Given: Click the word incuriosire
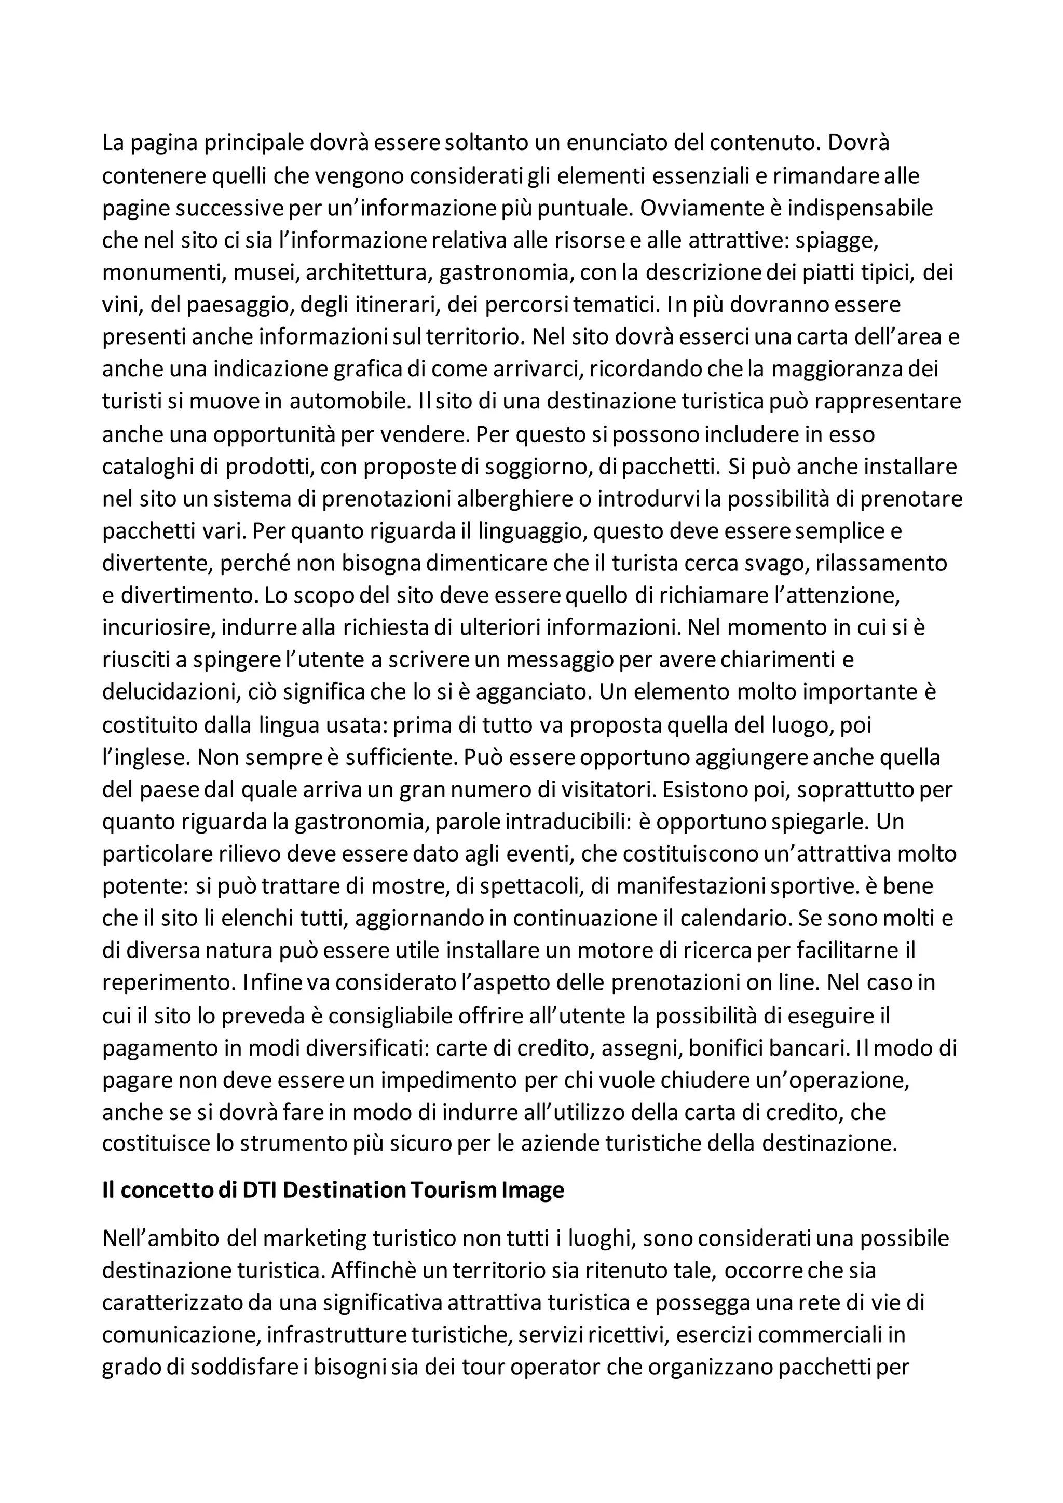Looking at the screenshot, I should tap(157, 628).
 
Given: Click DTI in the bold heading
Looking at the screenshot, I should tap(260, 1190).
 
